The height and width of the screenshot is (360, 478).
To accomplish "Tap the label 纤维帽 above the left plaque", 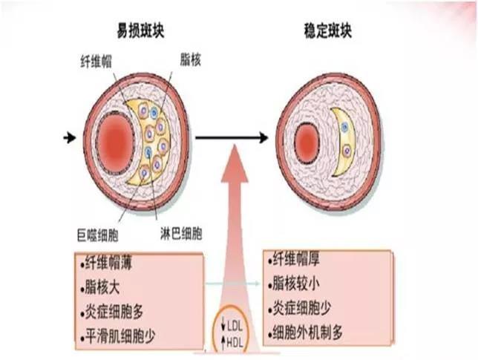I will [95, 59].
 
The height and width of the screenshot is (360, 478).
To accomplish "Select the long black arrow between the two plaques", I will [230, 137].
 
